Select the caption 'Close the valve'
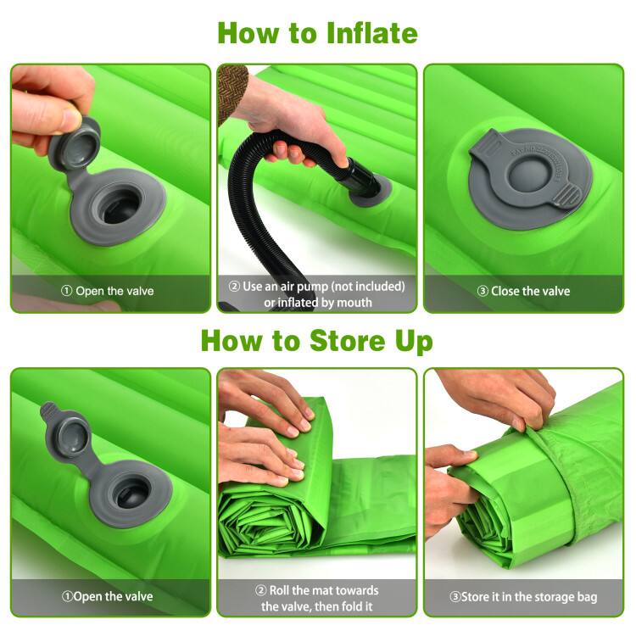(531, 291)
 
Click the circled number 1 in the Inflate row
(66, 291)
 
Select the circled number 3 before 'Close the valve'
(483, 291)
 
